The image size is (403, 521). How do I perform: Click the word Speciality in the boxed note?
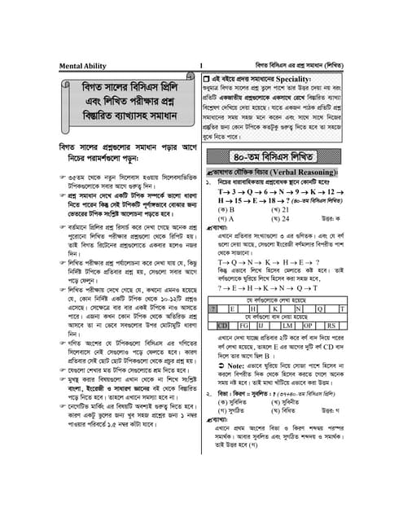coord(307,78)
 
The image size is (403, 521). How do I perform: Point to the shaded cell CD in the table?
coord(221,326)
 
